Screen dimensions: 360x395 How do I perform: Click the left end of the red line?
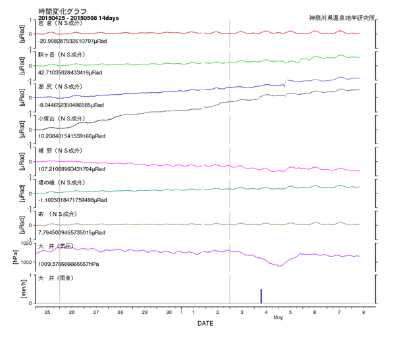[36, 34]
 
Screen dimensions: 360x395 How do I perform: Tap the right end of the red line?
[359, 33]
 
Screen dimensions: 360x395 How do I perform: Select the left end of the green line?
[36, 66]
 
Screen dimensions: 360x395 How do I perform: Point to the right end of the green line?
[359, 57]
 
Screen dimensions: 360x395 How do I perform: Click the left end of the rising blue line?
[36, 97]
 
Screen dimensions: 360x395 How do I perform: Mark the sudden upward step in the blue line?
[285, 81]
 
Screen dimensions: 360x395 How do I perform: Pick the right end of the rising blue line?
[359, 78]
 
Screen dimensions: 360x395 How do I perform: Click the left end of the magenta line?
[36, 161]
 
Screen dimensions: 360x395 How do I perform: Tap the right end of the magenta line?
[359, 171]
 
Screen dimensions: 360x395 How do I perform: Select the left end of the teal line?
[36, 193]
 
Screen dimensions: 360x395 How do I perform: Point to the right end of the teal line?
[359, 187]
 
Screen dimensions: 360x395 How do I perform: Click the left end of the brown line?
[36, 225]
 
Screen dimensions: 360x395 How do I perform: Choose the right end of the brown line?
[359, 224]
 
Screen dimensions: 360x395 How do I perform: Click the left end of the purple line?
[36, 253]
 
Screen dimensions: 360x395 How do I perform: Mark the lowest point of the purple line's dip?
[278, 266]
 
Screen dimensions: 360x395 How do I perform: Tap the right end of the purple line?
[359, 256]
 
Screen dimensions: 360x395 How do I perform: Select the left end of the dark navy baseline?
[36, 303]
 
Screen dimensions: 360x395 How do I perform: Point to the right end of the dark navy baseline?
[359, 303]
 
